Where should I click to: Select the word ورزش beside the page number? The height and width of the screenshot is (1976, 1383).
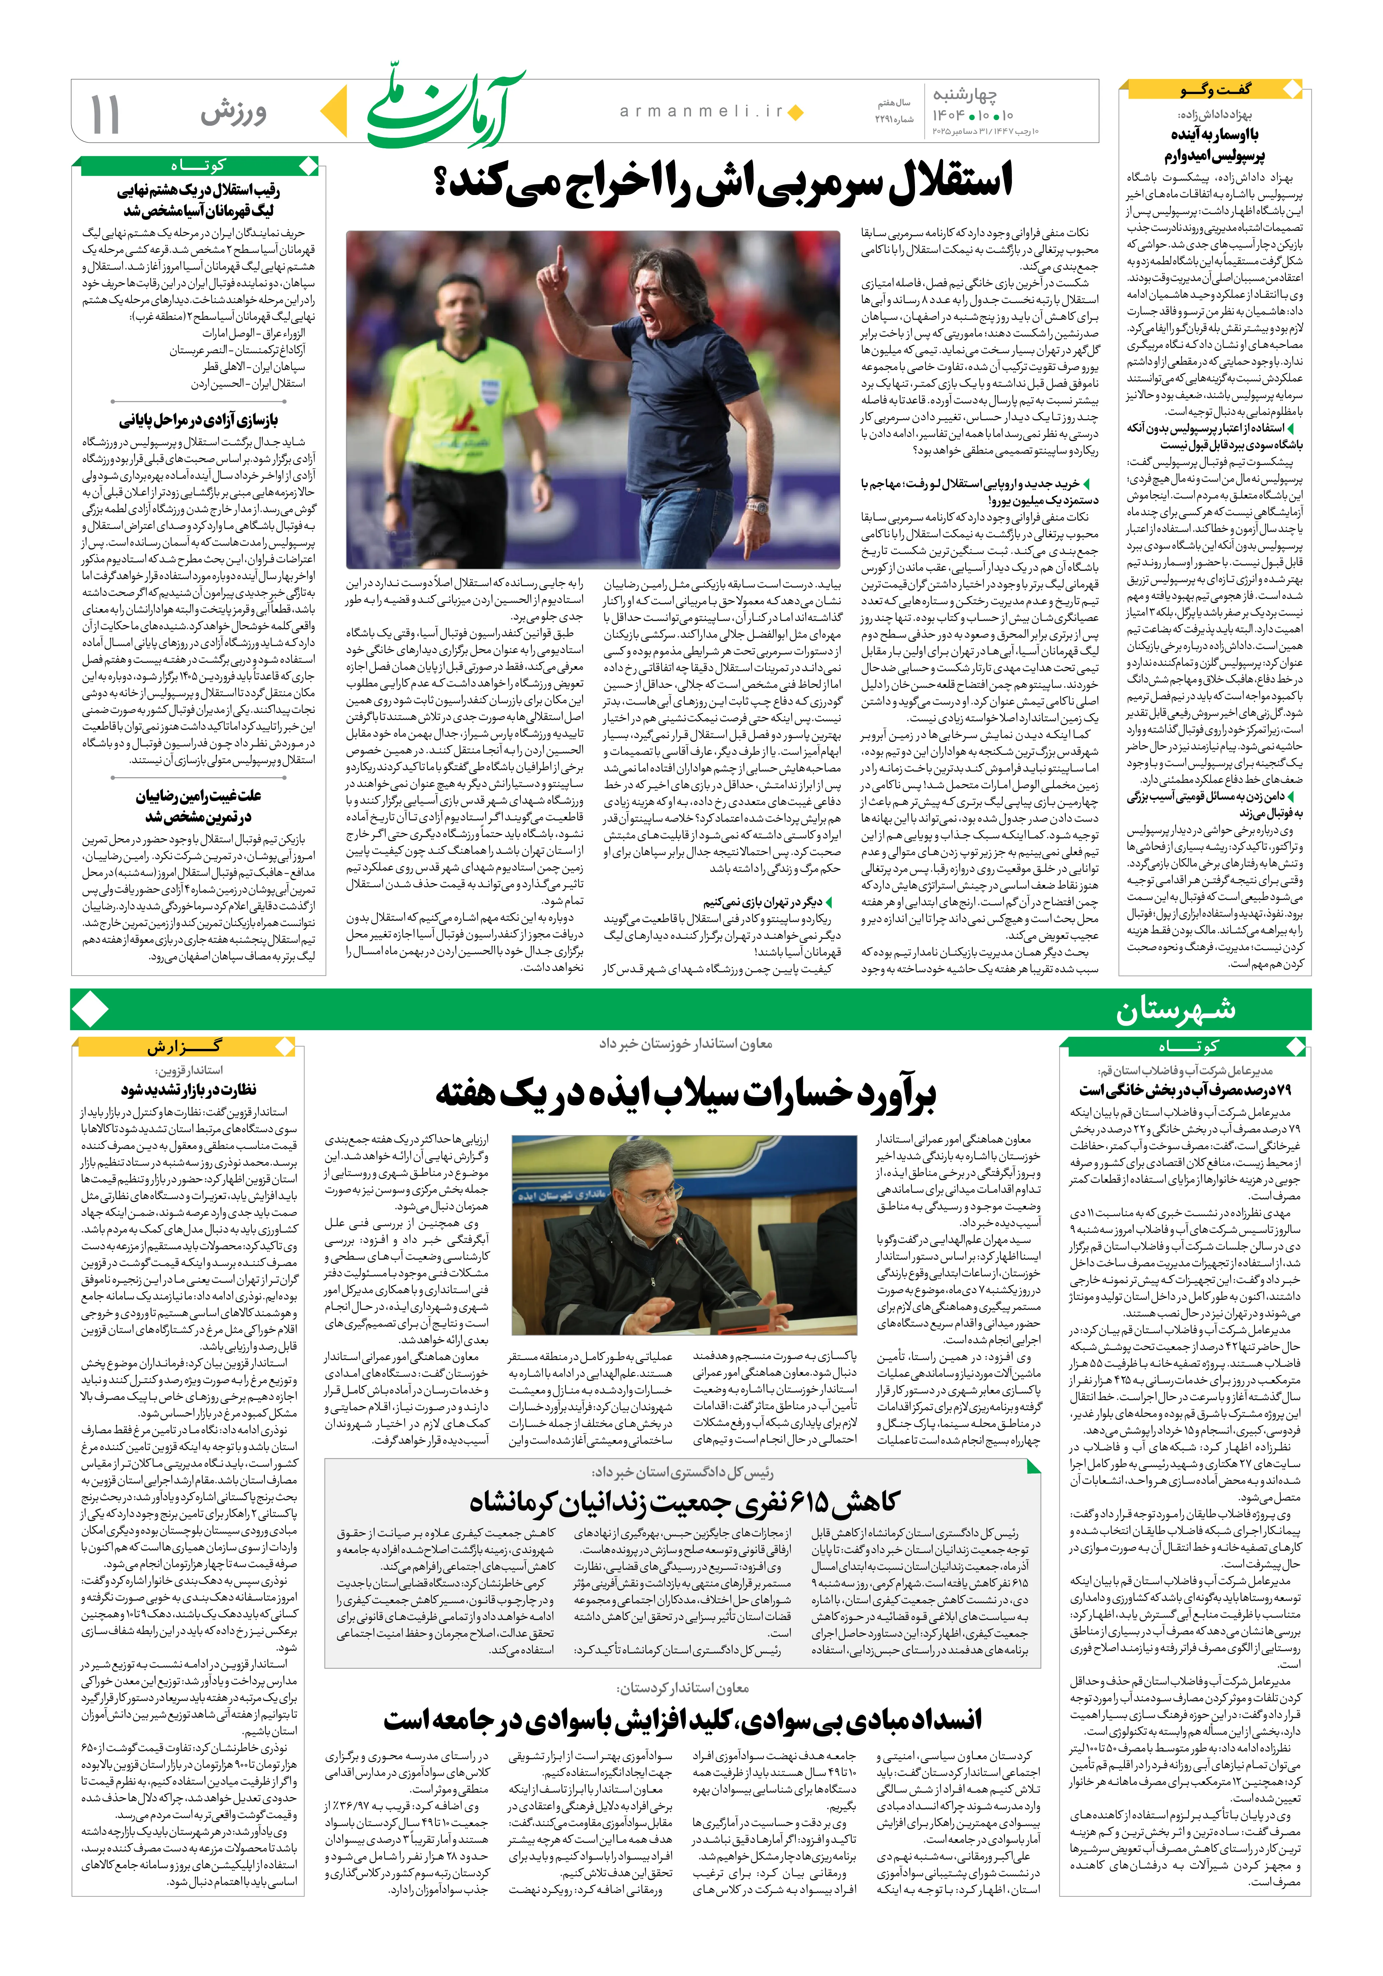coord(234,113)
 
